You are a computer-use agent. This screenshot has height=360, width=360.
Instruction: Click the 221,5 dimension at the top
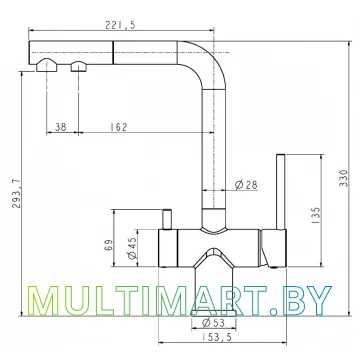[121, 25]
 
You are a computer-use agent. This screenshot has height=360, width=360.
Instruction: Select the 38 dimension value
[61, 127]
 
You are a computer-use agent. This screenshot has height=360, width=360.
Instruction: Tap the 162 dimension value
[118, 127]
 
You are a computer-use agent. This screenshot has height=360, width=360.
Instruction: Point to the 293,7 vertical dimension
[17, 194]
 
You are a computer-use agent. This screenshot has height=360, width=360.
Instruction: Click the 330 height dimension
[344, 178]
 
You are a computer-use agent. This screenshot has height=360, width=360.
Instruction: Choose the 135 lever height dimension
[315, 215]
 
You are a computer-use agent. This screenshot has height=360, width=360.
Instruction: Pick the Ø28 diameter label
[246, 184]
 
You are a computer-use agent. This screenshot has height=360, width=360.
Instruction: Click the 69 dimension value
[108, 246]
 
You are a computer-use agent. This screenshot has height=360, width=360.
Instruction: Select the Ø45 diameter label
[132, 248]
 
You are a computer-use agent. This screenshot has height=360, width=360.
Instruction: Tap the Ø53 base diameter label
[213, 322]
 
